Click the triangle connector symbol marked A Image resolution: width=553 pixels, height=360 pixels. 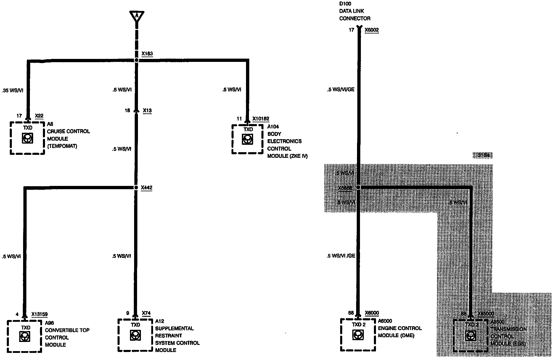pos(136,16)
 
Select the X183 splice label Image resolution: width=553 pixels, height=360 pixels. pos(147,54)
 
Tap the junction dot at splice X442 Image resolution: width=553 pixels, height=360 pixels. pos(136,188)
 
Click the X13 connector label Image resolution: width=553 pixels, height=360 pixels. pos(147,111)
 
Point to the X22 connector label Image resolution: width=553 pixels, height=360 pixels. pos(39,116)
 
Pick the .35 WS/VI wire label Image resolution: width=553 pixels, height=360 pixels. pos(12,91)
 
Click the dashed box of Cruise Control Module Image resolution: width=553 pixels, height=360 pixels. pos(27,138)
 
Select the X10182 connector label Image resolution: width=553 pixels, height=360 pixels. pos(261,119)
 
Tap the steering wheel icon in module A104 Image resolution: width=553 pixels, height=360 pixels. pos(247,139)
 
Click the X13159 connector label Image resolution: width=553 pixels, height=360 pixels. pos(39,314)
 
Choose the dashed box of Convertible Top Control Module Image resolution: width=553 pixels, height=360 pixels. pos(25,336)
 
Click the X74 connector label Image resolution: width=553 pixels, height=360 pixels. pos(146,313)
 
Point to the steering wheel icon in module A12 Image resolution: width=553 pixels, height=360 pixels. pos(135,335)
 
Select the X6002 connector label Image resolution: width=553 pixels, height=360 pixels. pos(372,30)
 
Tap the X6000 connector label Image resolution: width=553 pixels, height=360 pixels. pos(372,313)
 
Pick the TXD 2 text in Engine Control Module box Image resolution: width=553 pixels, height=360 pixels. pos(359,325)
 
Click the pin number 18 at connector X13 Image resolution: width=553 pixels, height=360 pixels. pos(127,111)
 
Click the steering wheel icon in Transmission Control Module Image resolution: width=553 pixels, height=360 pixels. pos(470,336)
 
